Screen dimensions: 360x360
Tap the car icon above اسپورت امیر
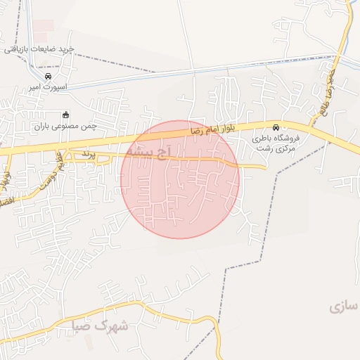click(48, 76)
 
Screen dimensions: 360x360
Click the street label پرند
click(88, 153)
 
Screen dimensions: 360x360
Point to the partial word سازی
click(345, 307)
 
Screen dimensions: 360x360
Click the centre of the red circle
click(180, 179)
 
